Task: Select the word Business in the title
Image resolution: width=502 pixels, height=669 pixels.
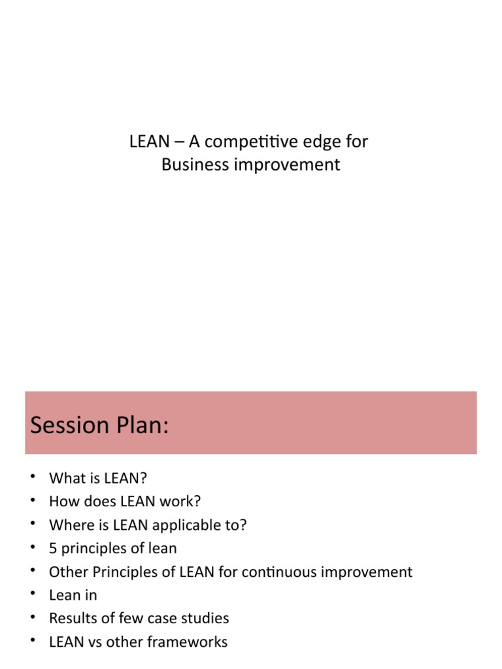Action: (189, 165)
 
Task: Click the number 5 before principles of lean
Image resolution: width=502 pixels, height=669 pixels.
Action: (53, 548)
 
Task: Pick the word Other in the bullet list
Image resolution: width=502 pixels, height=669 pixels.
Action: (68, 572)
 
